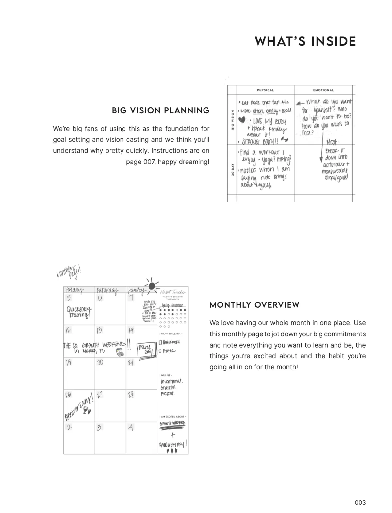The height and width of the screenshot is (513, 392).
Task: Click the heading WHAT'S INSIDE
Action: [x=305, y=42]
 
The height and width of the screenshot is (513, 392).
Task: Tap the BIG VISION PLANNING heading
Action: [x=161, y=111]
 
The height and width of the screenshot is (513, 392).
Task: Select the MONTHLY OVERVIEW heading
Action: [x=254, y=305]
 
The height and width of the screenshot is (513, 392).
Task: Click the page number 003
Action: [x=360, y=503]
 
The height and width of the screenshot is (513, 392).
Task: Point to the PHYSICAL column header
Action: [x=265, y=90]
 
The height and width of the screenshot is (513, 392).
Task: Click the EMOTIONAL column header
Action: [x=323, y=90]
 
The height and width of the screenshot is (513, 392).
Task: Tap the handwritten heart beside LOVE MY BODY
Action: [x=242, y=120]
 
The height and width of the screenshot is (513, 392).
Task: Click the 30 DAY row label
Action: [x=232, y=170]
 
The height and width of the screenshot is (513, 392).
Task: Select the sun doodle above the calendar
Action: [x=152, y=286]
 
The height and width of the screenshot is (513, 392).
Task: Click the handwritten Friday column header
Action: [x=74, y=290]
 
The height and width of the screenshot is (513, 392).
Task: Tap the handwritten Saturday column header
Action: [x=107, y=290]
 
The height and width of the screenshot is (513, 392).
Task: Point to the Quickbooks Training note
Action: [x=79, y=312]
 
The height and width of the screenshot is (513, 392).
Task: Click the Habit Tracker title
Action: [x=173, y=292]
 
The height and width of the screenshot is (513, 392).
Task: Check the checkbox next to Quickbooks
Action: [x=160, y=342]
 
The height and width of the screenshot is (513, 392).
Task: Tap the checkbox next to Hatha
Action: [x=160, y=351]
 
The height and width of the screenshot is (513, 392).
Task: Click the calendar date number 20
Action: [x=100, y=362]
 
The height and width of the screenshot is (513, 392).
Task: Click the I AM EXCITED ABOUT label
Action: [x=173, y=417]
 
